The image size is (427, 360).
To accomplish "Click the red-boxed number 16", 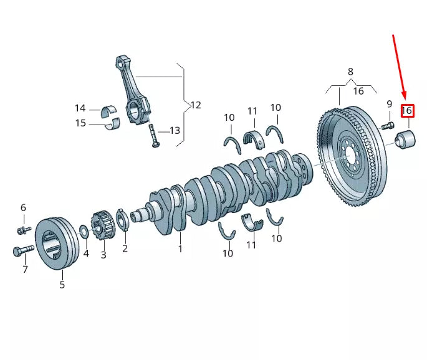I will point(407,111).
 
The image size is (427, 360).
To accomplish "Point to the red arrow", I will point(400,69).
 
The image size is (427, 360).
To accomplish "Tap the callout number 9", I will point(389,104).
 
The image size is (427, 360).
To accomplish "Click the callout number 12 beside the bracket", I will point(195,105).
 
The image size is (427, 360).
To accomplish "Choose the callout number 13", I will point(175,131).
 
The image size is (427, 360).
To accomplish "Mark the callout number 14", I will point(80,108).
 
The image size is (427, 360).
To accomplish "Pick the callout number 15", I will point(80,123).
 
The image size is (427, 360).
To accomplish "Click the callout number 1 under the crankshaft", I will point(180,249).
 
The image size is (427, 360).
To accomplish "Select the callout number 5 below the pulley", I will point(62,285).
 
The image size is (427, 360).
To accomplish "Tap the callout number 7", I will point(25,270).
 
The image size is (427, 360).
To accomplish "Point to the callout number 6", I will point(23,207).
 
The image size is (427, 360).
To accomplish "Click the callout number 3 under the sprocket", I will point(103,255).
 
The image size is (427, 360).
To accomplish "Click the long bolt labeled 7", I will point(22,252).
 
